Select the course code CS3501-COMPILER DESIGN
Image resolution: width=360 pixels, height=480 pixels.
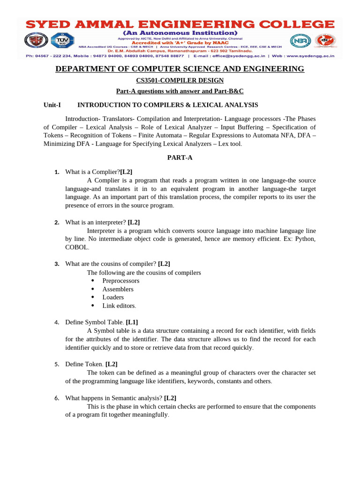(180, 81)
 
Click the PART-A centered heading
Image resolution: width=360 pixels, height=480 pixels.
(180, 157)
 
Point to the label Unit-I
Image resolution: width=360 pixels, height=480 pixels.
(52, 105)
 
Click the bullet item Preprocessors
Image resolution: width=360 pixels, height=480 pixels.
(120, 281)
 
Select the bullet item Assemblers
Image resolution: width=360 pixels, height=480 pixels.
(118, 289)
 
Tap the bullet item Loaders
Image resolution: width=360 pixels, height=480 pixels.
(113, 297)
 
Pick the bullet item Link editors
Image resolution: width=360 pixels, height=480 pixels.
(119, 306)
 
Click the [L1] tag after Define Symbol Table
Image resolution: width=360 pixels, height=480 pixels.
(132, 322)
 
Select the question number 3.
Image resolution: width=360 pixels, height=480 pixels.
(56, 264)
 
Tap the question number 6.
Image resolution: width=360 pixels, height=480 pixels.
(56, 398)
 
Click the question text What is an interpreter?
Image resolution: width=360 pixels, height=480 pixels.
(96, 222)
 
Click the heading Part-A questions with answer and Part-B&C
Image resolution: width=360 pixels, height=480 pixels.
(180, 91)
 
